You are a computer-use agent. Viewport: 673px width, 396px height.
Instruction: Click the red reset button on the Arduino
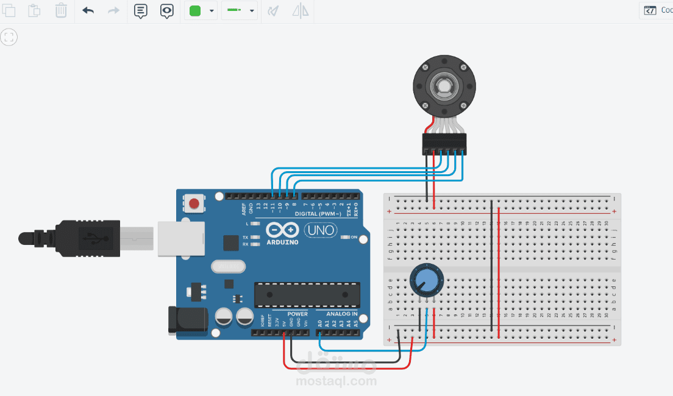coord(194,203)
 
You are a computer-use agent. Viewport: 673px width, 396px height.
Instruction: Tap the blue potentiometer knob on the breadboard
coord(427,281)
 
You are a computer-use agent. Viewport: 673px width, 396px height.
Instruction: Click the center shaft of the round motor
coord(443,87)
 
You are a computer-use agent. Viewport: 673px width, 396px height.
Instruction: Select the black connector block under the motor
coord(444,143)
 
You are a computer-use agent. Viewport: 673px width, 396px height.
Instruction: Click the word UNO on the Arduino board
coord(320,230)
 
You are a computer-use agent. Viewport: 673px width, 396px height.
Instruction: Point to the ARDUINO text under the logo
coord(283,242)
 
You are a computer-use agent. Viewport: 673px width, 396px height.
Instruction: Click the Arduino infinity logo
coord(282,230)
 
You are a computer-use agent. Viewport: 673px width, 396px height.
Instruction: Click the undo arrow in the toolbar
coord(88,10)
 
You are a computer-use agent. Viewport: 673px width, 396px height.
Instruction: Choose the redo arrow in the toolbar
coord(114,10)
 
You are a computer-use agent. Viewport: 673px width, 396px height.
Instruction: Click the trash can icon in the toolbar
coord(61,10)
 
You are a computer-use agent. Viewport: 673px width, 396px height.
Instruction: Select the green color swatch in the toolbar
coord(195,11)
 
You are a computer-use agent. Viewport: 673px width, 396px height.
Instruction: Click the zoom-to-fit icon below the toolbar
coord(9,38)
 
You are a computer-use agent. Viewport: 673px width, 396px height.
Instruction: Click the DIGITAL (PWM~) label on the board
coord(318,214)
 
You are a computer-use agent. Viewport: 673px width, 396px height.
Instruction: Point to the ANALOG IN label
coord(341,314)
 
